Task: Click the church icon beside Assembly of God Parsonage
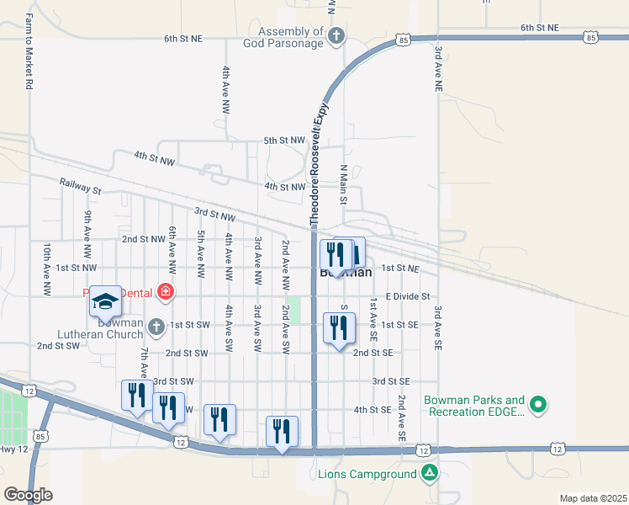(x=336, y=36)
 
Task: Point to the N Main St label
(x=343, y=184)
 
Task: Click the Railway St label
(x=80, y=186)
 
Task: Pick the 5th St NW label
(x=283, y=141)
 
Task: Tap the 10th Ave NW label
(x=47, y=269)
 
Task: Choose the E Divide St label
(x=408, y=296)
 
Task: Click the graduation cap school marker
(x=106, y=301)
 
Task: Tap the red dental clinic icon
(x=166, y=292)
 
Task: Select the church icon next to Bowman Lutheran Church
(x=156, y=326)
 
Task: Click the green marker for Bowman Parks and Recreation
(x=539, y=406)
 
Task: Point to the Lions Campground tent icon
(x=430, y=474)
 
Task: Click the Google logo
(x=28, y=495)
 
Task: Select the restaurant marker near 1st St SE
(x=339, y=329)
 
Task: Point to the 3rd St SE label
(x=391, y=381)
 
